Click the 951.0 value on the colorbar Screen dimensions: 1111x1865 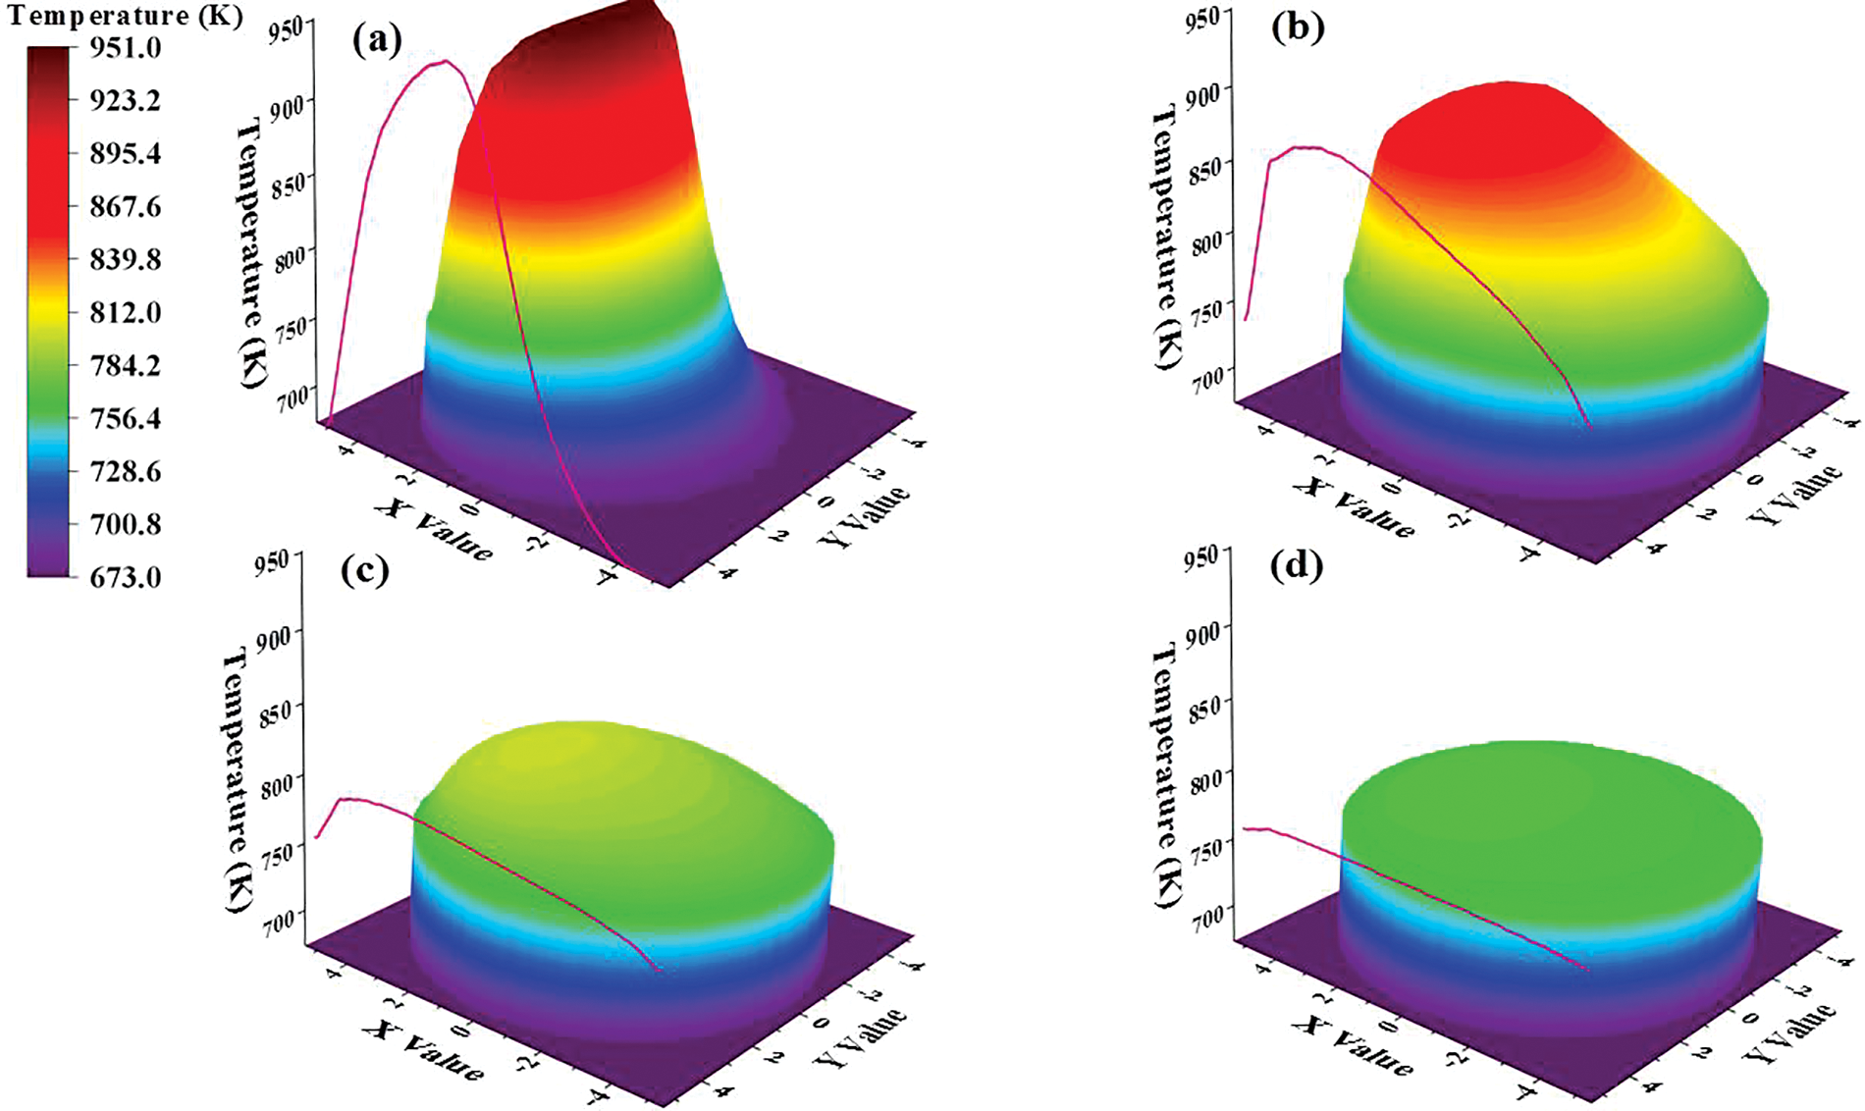point(126,47)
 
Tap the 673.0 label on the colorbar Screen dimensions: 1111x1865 point(126,577)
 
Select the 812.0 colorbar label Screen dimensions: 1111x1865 point(126,312)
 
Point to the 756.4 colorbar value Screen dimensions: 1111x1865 point(126,418)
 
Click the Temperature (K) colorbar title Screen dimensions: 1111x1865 point(125,16)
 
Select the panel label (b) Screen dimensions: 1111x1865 point(1298,27)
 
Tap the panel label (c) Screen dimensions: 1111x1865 point(365,570)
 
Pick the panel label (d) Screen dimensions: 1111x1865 point(1296,566)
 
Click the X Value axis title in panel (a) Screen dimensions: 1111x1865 point(433,528)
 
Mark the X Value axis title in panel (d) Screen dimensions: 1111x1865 point(1354,1045)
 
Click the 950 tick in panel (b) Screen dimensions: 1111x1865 point(1204,18)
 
